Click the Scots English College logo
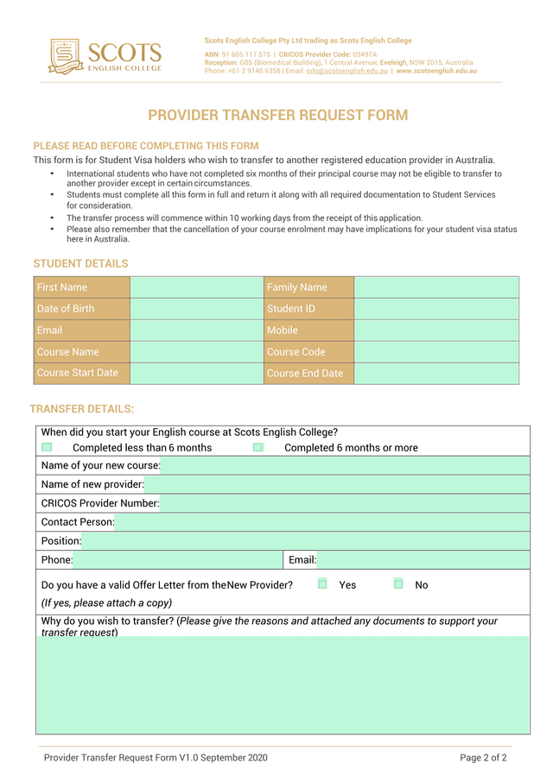[x=105, y=55]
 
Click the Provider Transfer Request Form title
[x=277, y=116]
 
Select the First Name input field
[x=196, y=287]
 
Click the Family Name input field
[x=436, y=287]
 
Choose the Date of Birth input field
[x=196, y=309]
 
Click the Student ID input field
[x=436, y=309]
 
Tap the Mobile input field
[x=436, y=331]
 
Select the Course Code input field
[x=436, y=352]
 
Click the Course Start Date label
[x=78, y=373]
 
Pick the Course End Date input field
[x=436, y=374]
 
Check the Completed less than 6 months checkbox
[x=47, y=447]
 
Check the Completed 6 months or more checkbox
[x=258, y=447]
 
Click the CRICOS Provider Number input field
[x=344, y=503]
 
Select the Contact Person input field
[x=321, y=522]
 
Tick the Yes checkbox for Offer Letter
[x=322, y=584]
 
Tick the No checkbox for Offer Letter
[x=398, y=584]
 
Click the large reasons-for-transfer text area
[x=283, y=685]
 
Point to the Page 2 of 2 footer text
[x=483, y=758]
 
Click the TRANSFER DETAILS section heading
[x=82, y=409]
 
